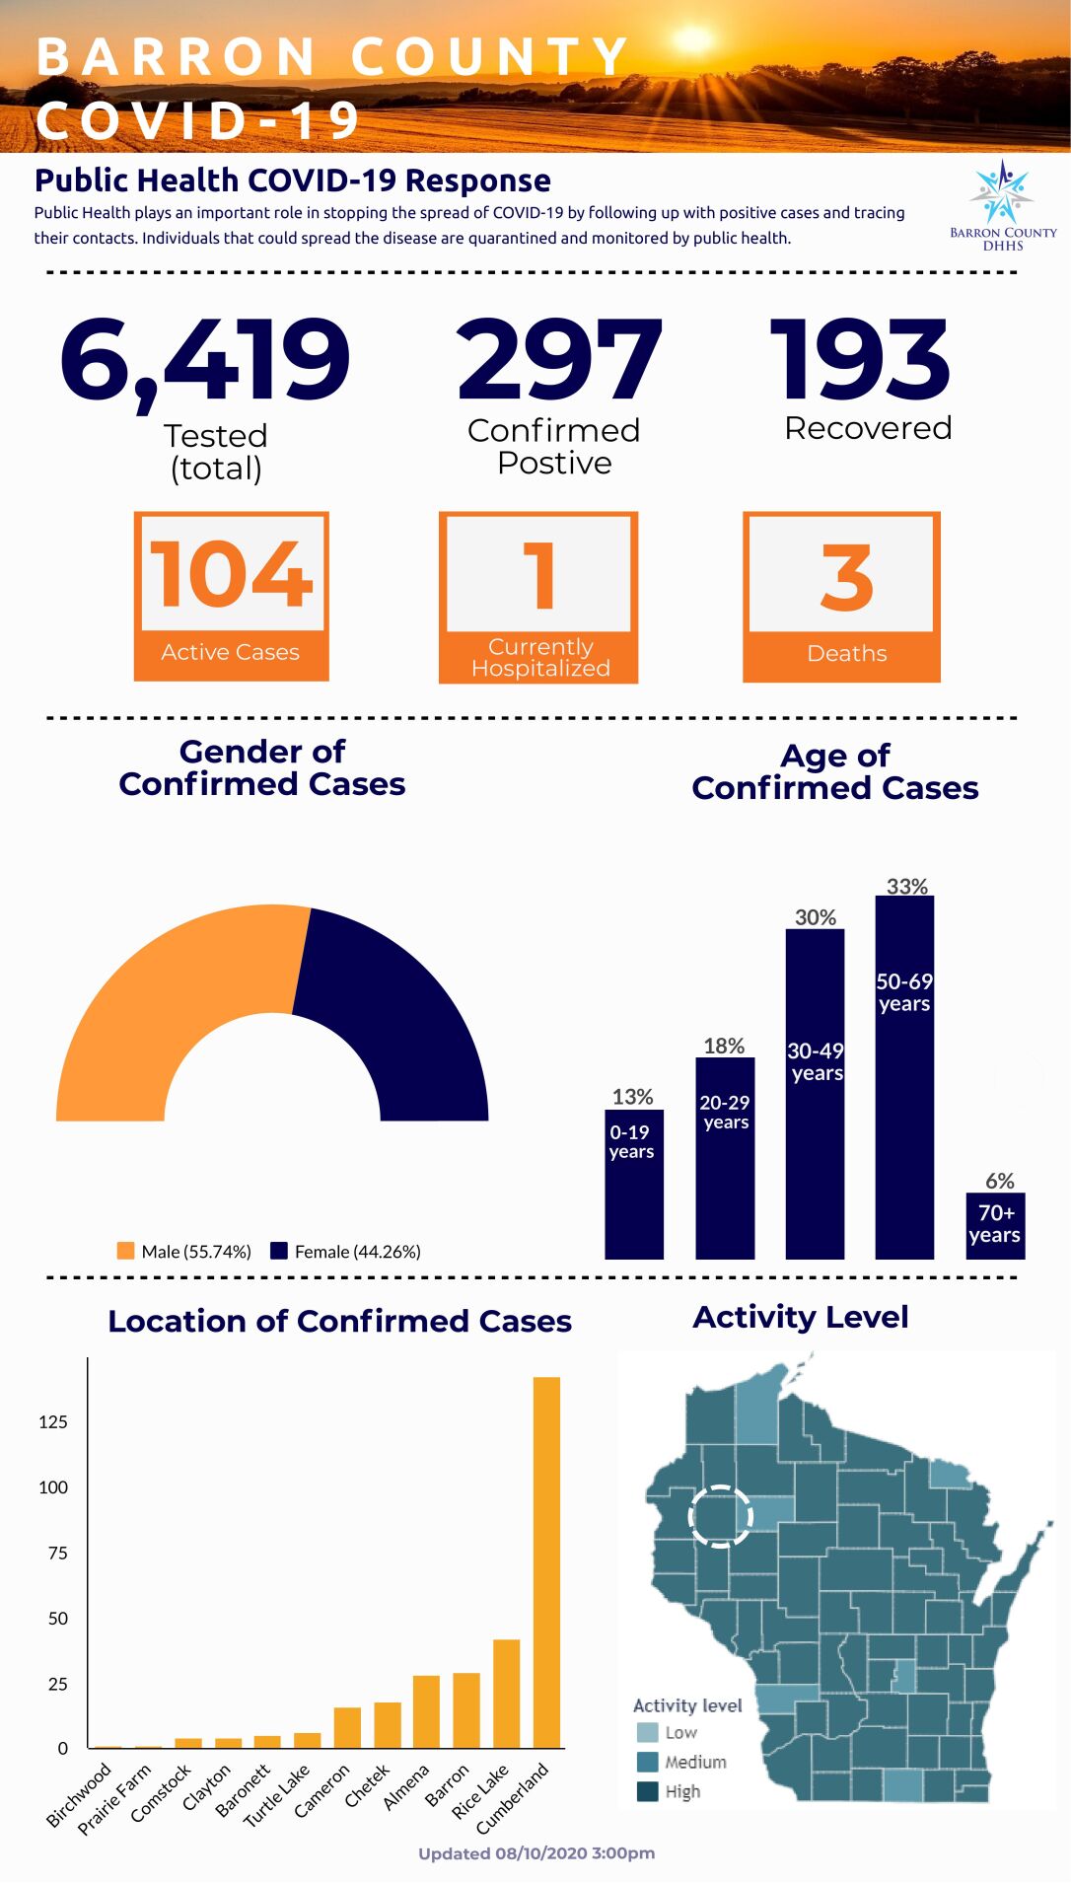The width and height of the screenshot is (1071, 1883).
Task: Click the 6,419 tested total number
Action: point(205,360)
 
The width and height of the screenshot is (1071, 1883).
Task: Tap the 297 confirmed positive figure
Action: point(558,360)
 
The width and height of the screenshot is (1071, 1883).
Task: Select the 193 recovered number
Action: point(861,360)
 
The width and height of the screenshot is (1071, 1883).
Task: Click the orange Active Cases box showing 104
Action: point(231,596)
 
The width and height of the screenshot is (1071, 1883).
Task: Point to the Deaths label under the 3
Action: point(846,653)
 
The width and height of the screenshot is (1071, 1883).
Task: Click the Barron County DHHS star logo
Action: point(1002,192)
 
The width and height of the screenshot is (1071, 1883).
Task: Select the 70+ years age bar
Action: point(995,1225)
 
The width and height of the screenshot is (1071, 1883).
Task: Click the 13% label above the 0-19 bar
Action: point(632,1097)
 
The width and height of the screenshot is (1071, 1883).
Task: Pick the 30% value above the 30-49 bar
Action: point(816,917)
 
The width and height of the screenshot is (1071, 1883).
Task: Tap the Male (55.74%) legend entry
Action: point(184,1252)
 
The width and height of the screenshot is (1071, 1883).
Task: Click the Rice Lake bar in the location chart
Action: point(506,1693)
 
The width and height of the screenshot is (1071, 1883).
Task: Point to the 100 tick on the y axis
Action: point(53,1487)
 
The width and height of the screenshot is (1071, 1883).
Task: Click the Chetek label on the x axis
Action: point(367,1785)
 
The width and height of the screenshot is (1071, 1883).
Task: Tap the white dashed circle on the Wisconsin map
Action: point(720,1515)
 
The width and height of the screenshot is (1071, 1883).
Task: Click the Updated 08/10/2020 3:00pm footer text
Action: point(536,1853)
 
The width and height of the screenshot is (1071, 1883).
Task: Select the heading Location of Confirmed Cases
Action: point(339,1321)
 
